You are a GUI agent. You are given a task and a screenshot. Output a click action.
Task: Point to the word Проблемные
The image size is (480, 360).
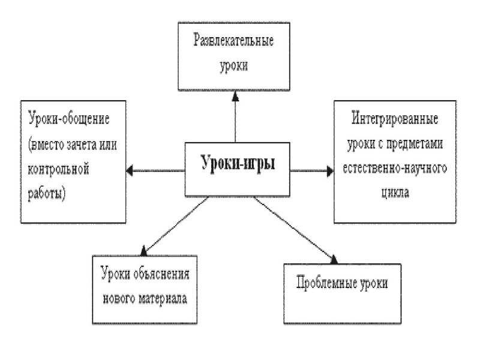(x=322, y=282)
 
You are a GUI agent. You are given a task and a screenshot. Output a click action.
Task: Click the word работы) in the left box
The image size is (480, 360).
(x=46, y=194)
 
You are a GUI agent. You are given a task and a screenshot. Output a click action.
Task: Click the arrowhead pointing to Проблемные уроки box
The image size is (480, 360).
(x=333, y=259)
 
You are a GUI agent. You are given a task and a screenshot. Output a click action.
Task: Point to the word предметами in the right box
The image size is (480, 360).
(x=415, y=143)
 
